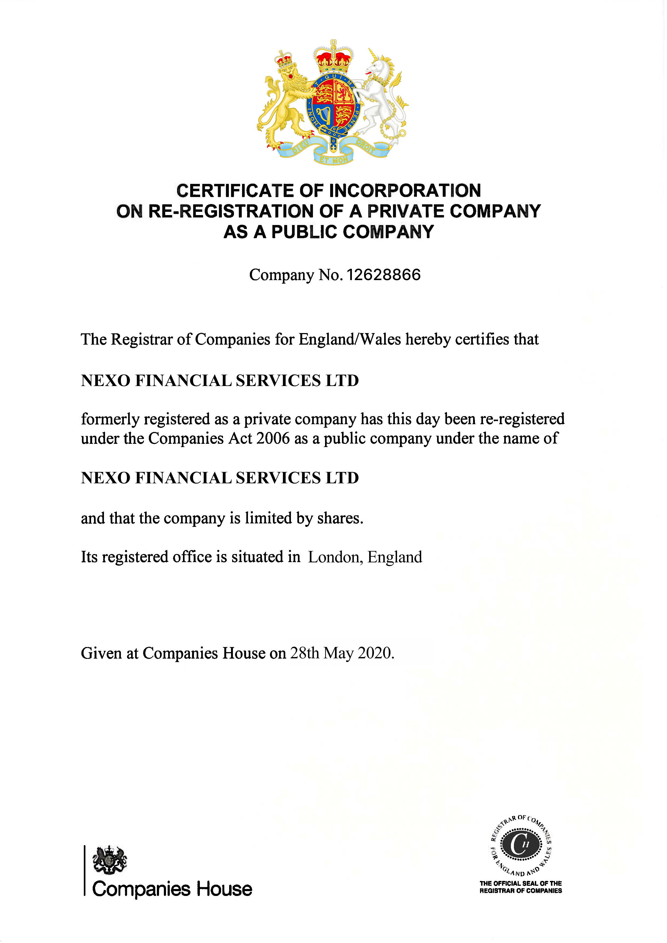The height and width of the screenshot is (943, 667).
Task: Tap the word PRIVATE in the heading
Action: pyautogui.click(x=405, y=211)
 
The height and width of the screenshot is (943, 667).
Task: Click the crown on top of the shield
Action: pyautogui.click(x=334, y=58)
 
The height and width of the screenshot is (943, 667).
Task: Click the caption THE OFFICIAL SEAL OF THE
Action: pyautogui.click(x=520, y=883)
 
